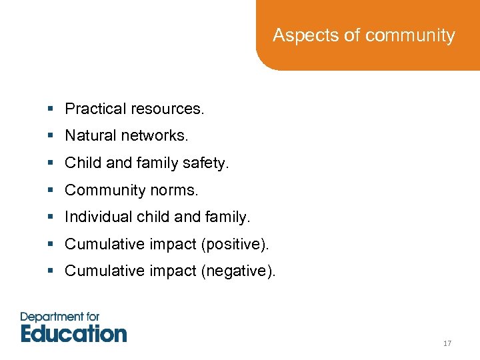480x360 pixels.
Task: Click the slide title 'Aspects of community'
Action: (363, 35)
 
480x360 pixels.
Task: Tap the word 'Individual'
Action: (97, 217)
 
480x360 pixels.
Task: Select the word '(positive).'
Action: (235, 245)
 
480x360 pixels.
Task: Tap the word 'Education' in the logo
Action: (73, 333)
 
